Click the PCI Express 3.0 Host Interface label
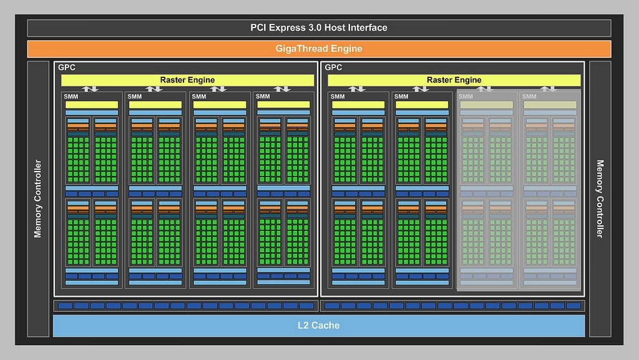point(319,27)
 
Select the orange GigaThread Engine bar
point(319,49)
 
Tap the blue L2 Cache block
point(319,325)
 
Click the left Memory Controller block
point(38,198)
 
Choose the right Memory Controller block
point(600,198)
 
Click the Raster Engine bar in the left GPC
point(187,80)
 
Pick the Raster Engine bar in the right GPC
point(454,80)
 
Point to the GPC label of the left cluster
point(67,67)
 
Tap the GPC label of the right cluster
point(334,67)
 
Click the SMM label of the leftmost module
point(71,96)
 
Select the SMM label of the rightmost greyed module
point(529,96)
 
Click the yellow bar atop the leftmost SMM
point(92,105)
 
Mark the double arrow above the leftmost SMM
point(92,89)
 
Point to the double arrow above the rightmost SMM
point(550,89)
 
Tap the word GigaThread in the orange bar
point(301,49)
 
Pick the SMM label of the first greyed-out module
point(466,96)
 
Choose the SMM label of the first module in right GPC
point(338,96)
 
